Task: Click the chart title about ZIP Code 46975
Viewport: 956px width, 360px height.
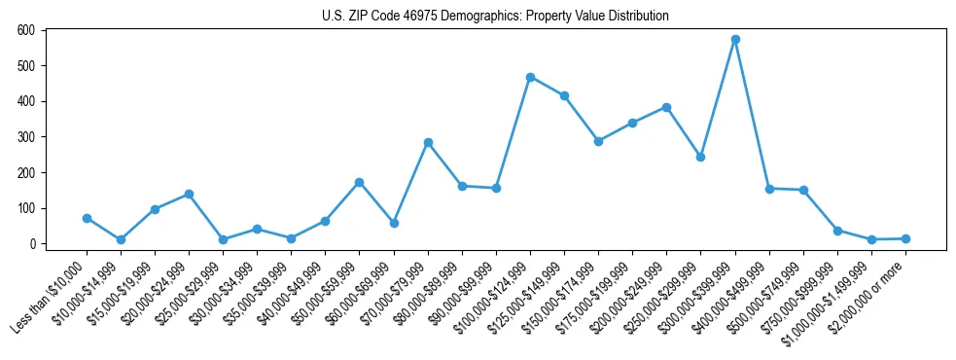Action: [495, 16]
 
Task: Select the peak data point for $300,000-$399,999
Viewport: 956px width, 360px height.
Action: [735, 40]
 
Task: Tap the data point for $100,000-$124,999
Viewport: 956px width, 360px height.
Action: [530, 77]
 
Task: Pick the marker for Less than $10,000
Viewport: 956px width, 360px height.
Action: [87, 218]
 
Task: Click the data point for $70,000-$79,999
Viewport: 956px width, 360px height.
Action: [428, 142]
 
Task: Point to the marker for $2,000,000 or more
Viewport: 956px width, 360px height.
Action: [905, 238]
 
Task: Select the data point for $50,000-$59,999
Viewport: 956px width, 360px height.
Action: [360, 182]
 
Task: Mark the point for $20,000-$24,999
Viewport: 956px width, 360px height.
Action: [189, 194]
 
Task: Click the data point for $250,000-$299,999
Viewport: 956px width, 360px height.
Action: [701, 157]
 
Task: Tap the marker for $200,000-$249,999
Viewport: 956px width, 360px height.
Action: [666, 107]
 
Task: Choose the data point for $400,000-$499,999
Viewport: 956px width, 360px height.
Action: [769, 189]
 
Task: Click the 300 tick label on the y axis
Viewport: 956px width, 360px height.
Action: [26, 137]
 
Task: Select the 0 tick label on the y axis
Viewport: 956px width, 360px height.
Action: [32, 244]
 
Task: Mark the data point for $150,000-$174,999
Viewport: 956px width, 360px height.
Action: [598, 141]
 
